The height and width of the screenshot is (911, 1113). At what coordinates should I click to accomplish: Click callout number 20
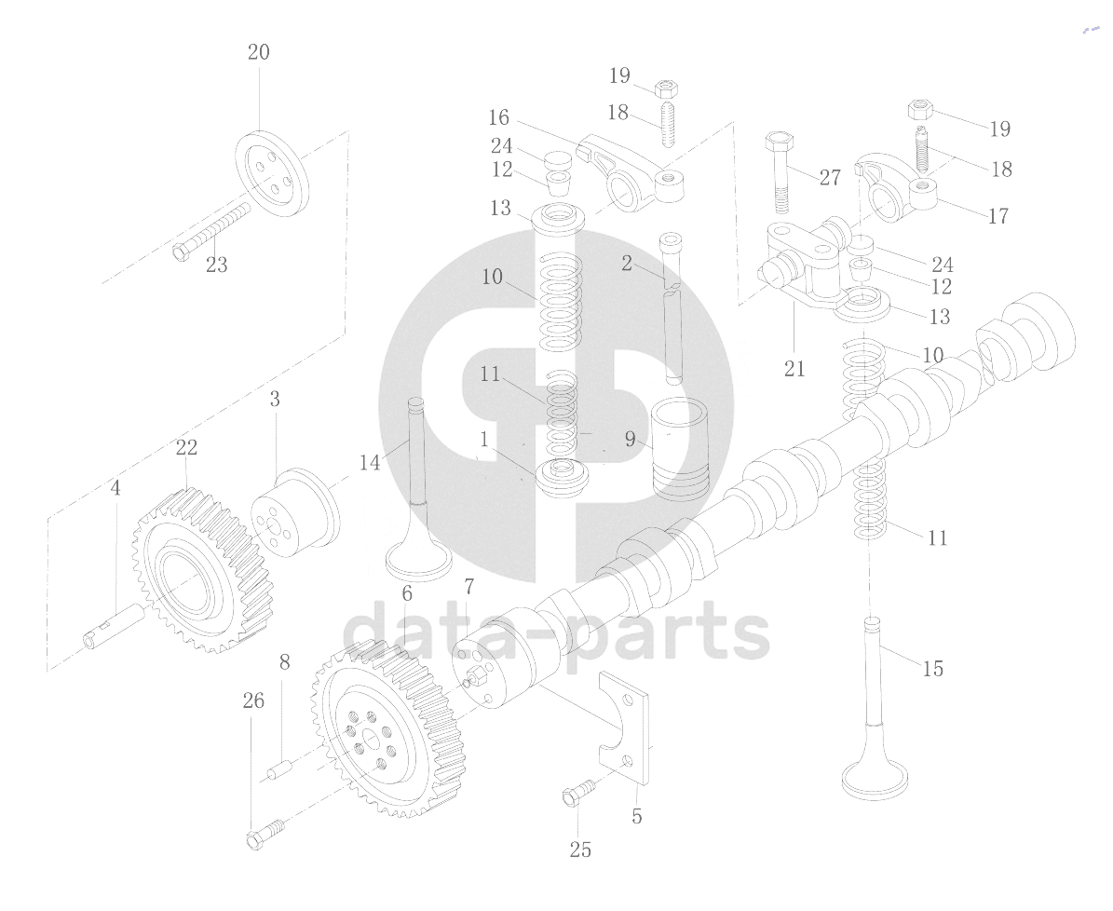click(258, 52)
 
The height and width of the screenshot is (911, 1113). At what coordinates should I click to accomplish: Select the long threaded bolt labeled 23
click(212, 231)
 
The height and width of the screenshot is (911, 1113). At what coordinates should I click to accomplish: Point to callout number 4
click(115, 488)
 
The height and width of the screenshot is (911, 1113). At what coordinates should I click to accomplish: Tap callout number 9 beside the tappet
click(630, 440)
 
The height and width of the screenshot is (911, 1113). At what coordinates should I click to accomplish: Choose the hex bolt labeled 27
click(780, 172)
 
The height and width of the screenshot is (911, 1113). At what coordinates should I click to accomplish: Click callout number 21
click(794, 369)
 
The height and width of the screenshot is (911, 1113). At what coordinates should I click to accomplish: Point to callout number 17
click(998, 215)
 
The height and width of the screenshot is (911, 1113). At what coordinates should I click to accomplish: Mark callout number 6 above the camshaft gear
click(407, 593)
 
